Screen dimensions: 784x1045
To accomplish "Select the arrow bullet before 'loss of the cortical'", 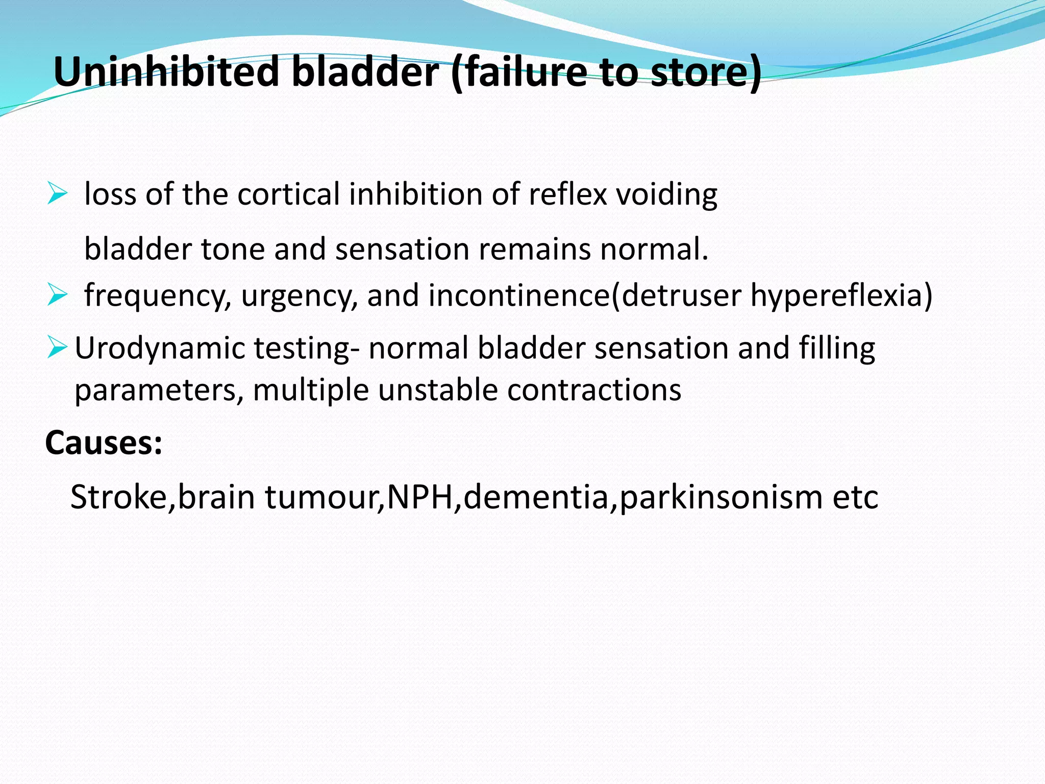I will pyautogui.click(x=57, y=194).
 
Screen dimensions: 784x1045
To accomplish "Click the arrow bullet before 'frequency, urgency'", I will pyautogui.click(x=57, y=295).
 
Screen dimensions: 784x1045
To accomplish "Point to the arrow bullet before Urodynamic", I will pyautogui.click(x=57, y=347).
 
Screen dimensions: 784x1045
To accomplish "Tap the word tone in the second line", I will pyautogui.click(x=233, y=249).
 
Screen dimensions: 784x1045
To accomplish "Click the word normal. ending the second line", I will pyautogui.click(x=654, y=249).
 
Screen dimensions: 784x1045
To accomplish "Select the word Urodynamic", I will pyautogui.click(x=160, y=348).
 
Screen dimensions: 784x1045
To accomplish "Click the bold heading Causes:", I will pyautogui.click(x=104, y=443).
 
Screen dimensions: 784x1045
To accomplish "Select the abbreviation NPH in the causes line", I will pyautogui.click(x=420, y=497).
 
